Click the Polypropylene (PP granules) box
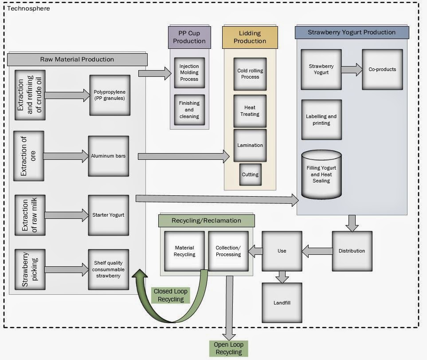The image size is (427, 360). [x=109, y=95]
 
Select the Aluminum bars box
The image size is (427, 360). [x=108, y=156]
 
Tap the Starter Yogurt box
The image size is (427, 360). [x=108, y=215]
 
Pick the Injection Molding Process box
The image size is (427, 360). [x=189, y=73]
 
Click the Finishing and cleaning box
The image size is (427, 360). [x=189, y=110]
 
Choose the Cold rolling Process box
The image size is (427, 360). [x=250, y=74]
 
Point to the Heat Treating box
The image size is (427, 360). [x=250, y=111]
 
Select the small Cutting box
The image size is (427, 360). [x=250, y=174]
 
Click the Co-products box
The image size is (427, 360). [x=382, y=69]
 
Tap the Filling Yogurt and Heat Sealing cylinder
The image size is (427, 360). [x=321, y=174]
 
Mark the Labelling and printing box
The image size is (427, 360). [x=321, y=120]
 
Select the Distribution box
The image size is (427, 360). [x=352, y=251]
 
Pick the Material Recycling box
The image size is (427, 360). [x=184, y=251]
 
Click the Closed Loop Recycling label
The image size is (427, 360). [x=171, y=296]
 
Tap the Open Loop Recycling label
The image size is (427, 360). [x=228, y=348]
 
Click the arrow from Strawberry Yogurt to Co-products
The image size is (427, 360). [x=352, y=69]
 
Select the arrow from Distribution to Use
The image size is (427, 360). [x=317, y=251]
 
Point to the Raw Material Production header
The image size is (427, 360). [x=77, y=59]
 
